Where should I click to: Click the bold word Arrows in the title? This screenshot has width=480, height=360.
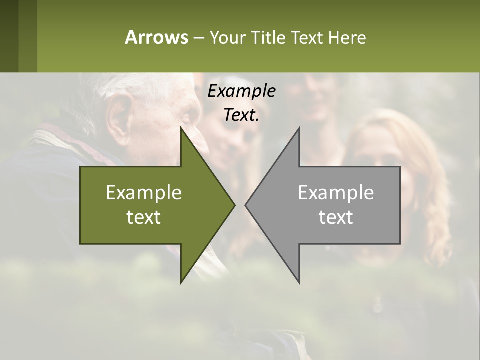click(x=156, y=37)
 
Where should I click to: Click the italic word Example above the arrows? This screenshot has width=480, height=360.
click(x=241, y=91)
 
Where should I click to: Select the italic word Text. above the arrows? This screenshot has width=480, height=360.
click(x=241, y=115)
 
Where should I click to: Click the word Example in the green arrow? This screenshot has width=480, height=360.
click(x=144, y=193)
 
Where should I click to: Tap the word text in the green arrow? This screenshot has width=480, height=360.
click(x=144, y=217)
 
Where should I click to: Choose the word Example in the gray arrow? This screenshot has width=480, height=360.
click(x=336, y=193)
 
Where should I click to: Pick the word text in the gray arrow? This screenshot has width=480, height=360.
click(x=336, y=217)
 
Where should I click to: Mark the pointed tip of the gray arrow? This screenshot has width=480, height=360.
click(x=246, y=205)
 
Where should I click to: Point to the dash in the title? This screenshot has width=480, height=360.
click(x=198, y=38)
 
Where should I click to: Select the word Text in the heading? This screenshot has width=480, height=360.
click(x=307, y=37)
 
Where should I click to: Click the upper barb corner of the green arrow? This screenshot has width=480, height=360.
click(x=181, y=128)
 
